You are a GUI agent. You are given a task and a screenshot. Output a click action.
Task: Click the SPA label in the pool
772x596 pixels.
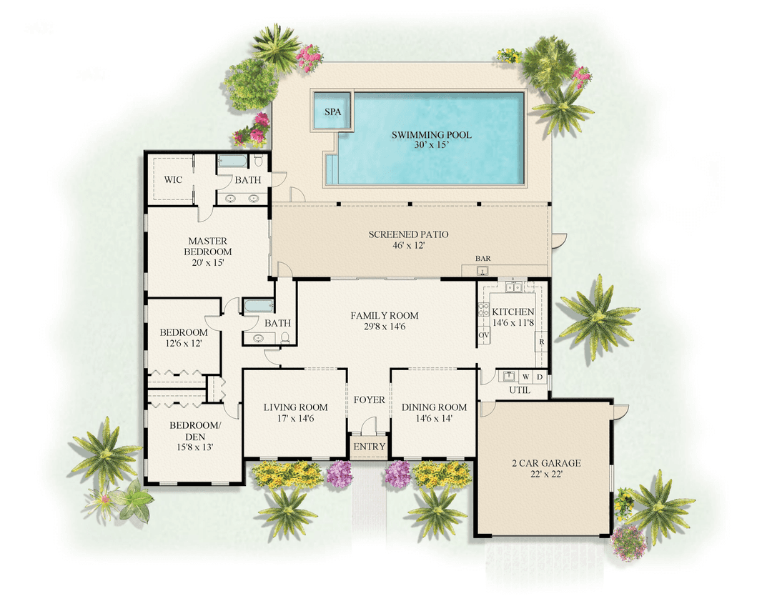point(332,112)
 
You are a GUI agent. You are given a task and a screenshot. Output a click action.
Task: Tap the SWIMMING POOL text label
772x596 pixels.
point(431,135)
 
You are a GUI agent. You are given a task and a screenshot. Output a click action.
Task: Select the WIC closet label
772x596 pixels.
point(173,179)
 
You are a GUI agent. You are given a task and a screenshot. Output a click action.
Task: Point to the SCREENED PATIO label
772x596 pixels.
point(408,234)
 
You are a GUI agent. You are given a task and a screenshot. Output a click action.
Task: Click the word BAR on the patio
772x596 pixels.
point(483,259)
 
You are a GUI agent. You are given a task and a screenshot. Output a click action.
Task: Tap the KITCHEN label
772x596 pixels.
point(513,312)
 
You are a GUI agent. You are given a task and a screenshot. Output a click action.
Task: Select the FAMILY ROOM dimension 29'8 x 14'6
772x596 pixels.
point(385,327)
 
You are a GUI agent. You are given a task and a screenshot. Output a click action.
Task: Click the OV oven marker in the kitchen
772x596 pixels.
point(482,334)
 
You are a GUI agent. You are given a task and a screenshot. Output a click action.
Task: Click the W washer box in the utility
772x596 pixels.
point(525,376)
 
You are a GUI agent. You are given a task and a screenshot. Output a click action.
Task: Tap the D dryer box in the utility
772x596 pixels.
point(540,376)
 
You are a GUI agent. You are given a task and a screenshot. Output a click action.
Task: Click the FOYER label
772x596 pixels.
point(369,399)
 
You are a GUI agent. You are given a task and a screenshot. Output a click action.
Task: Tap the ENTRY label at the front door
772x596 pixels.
point(369,447)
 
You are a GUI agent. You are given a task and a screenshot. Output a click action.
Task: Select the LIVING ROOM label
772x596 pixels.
point(295,407)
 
